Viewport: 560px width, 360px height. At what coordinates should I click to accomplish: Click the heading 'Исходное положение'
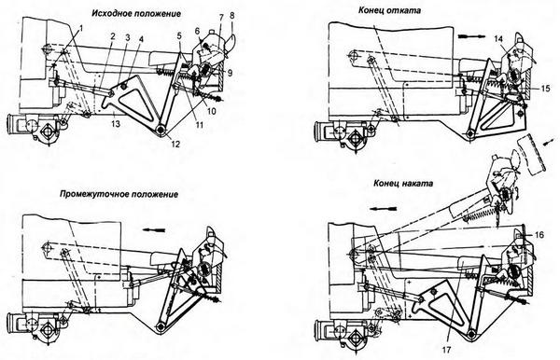tap(136, 14)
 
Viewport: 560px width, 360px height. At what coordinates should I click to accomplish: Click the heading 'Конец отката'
tap(389, 10)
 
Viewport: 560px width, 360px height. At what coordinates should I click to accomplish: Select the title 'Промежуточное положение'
tap(119, 195)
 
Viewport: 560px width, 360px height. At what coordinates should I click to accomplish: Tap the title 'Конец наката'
tap(403, 184)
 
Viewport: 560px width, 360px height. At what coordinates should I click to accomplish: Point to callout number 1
tap(80, 28)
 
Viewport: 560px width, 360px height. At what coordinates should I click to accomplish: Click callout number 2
tap(113, 36)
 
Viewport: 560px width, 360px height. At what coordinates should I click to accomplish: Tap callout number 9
tap(230, 73)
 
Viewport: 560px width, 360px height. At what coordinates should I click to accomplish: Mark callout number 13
tap(115, 124)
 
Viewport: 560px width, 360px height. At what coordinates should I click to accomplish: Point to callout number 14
tap(499, 39)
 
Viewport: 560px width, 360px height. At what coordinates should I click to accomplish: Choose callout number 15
tap(545, 88)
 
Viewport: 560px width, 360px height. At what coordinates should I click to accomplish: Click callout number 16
tap(539, 235)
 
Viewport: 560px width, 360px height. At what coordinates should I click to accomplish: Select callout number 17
tap(447, 350)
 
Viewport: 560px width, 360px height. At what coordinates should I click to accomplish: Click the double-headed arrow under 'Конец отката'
tap(471, 36)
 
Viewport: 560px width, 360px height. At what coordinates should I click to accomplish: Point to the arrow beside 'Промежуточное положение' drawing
tap(154, 230)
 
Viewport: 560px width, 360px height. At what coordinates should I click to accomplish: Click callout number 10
tap(212, 111)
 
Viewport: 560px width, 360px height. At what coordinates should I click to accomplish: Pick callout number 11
tap(199, 125)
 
